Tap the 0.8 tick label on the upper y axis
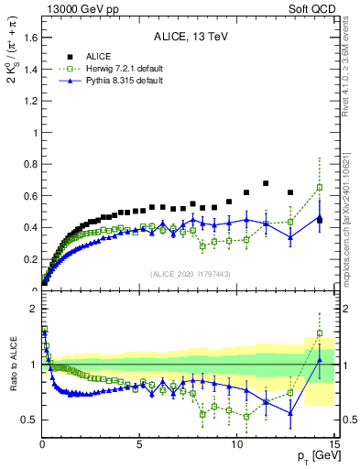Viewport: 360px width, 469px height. click(x=30, y=164)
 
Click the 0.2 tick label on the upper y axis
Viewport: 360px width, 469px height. click(x=30, y=259)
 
